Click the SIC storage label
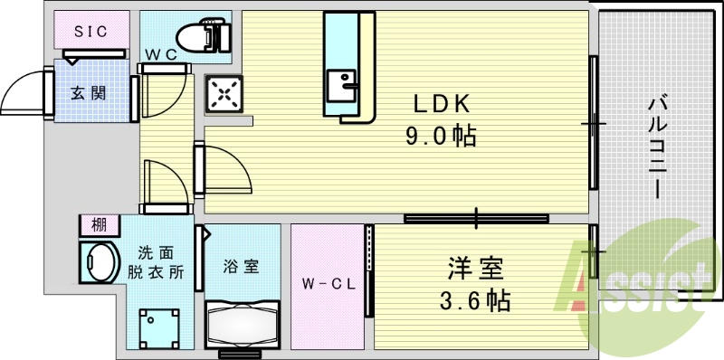90,31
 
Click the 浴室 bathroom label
242,267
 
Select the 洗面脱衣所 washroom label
157,263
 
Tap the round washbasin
99,262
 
